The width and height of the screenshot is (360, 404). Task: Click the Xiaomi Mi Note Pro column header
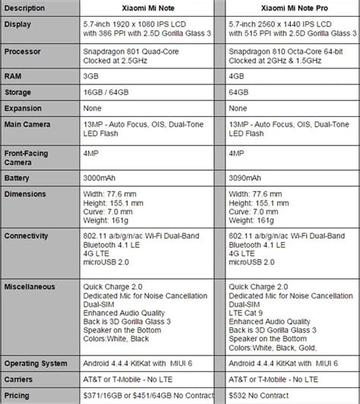tap(289, 7)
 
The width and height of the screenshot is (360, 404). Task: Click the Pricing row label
tap(18, 395)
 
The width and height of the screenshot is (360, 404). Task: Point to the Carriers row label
tap(21, 380)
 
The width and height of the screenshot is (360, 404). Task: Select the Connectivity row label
tap(28, 236)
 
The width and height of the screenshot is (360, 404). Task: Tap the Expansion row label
tap(24, 109)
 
